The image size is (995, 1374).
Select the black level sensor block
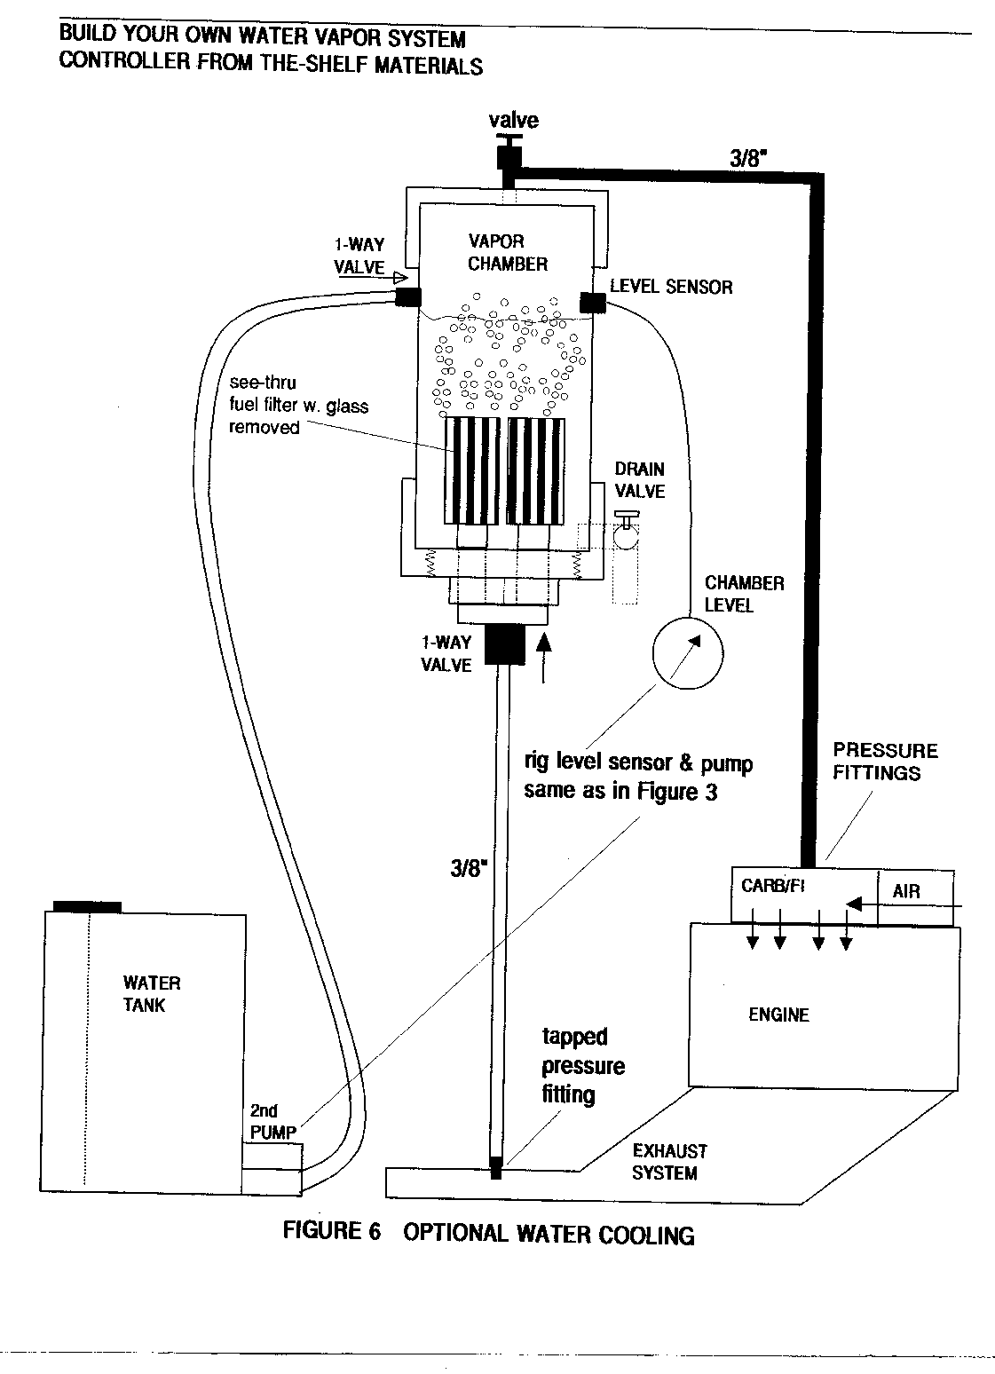point(592,302)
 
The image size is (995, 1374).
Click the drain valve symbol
point(628,535)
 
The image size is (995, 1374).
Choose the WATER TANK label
point(151,994)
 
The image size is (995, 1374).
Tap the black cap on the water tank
point(87,905)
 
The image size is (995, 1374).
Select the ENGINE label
point(778,1015)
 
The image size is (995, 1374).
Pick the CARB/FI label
point(772,887)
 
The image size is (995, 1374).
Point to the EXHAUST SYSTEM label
point(668,1162)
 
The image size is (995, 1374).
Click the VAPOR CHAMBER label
point(508,252)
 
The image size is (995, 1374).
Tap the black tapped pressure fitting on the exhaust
point(495,1170)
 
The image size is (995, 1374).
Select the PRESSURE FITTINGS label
point(884,762)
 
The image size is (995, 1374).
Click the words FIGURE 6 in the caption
point(331,1231)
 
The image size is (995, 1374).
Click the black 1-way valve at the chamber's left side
point(407,297)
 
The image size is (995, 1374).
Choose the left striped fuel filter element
point(472,470)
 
